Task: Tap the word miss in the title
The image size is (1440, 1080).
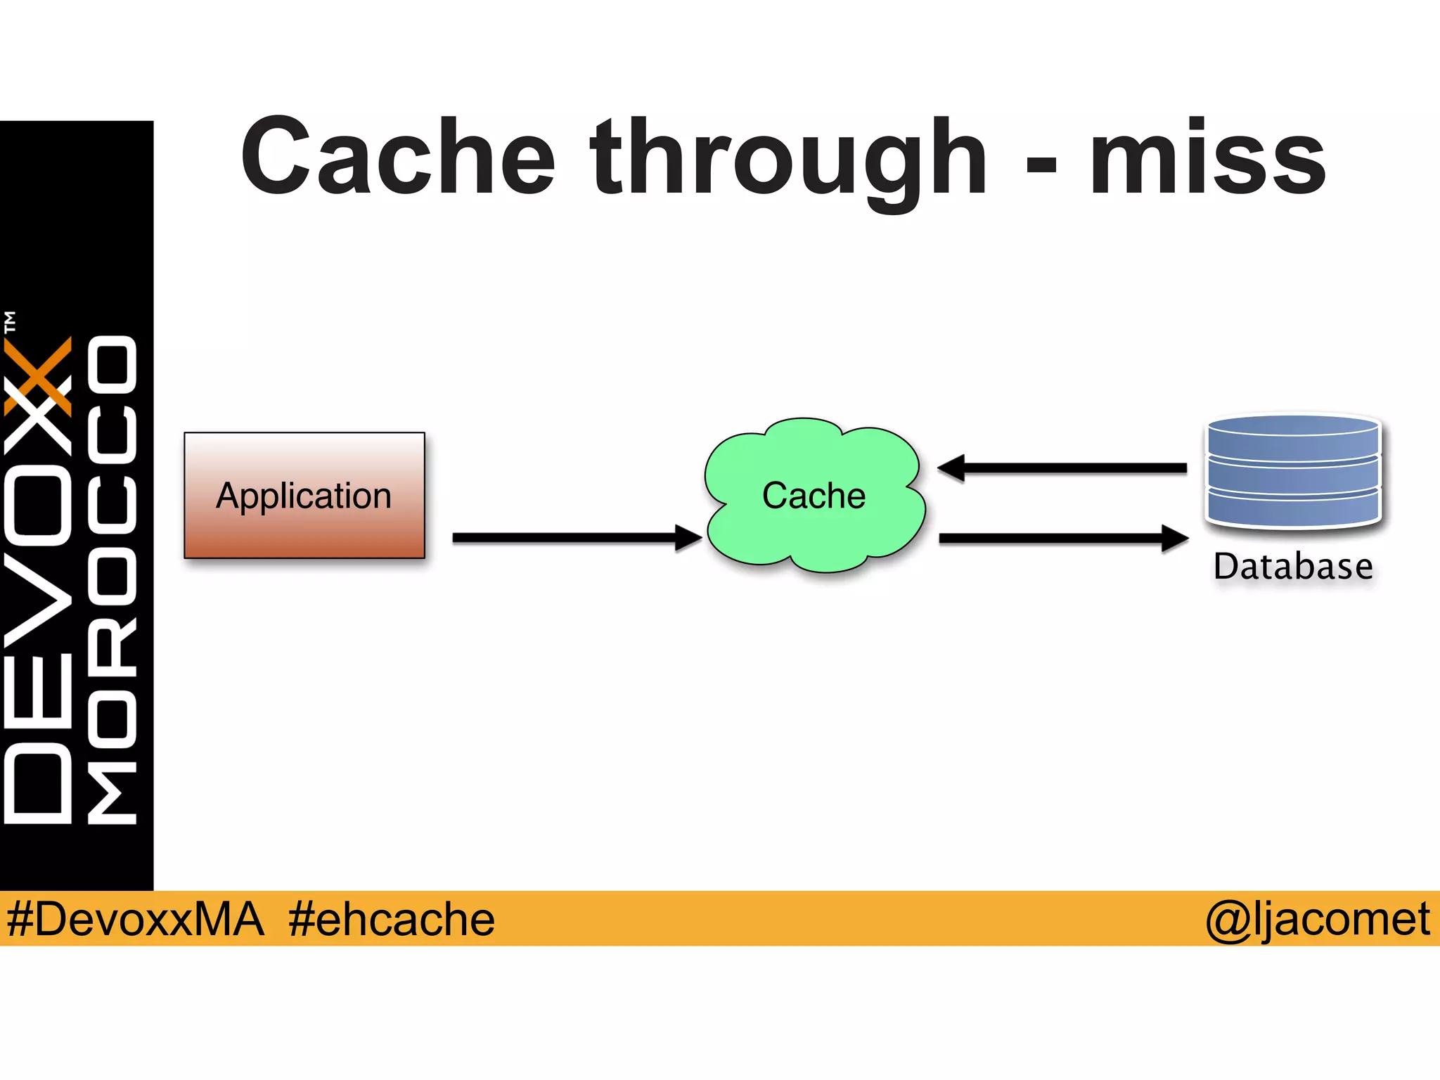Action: pyautogui.click(x=1207, y=157)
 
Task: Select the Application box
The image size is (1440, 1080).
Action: pyautogui.click(x=304, y=495)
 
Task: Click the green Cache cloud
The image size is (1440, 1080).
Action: pyautogui.click(x=814, y=495)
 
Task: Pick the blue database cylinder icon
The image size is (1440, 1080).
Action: pyautogui.click(x=1294, y=471)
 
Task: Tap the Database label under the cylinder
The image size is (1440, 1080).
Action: pyautogui.click(x=1293, y=567)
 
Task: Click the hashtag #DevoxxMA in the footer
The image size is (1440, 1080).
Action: pyautogui.click(x=135, y=919)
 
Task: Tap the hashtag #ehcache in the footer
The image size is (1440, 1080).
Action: pyautogui.click(x=391, y=919)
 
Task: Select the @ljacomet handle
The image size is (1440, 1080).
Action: pyautogui.click(x=1317, y=919)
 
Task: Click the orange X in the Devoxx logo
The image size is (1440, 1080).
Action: pyautogui.click(x=39, y=375)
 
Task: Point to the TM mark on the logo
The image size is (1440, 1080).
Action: pyautogui.click(x=10, y=321)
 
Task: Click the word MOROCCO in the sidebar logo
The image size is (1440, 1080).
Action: pyautogui.click(x=112, y=579)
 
